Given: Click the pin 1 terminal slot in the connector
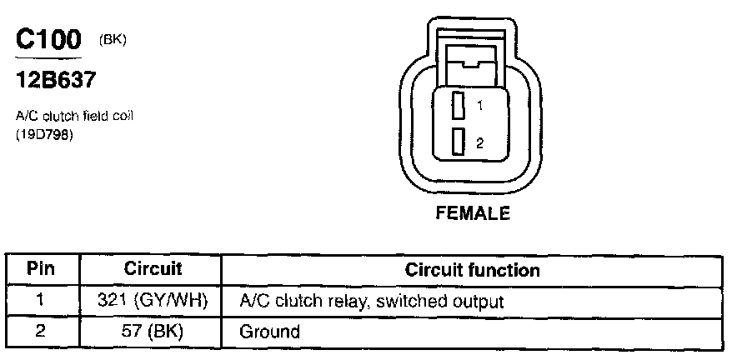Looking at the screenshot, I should click(x=458, y=107).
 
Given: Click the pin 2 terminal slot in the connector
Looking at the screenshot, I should click(x=458, y=142).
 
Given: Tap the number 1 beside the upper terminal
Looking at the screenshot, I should click(x=480, y=107).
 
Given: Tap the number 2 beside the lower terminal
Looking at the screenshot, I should click(x=480, y=143).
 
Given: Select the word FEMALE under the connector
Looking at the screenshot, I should click(x=473, y=213).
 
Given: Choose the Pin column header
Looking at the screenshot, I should click(x=41, y=270).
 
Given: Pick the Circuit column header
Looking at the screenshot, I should click(x=153, y=270).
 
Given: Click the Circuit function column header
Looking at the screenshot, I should click(x=472, y=270).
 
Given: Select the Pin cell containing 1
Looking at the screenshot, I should click(x=41, y=300).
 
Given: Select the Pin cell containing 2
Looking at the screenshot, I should click(x=41, y=331).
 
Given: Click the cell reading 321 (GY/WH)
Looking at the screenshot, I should click(x=153, y=300).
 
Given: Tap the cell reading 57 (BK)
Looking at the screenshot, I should click(x=153, y=331).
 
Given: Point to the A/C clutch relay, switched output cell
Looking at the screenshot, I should click(x=372, y=300).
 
